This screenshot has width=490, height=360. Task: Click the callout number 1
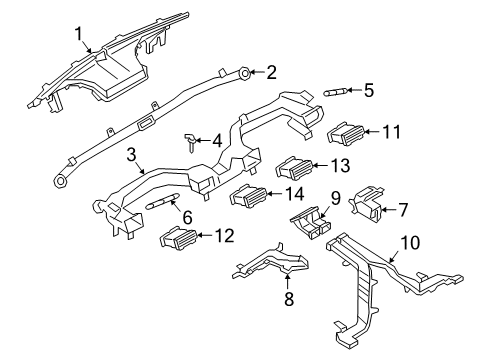pyautogui.click(x=79, y=34)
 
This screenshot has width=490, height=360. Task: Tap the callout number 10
pyautogui.click(x=410, y=243)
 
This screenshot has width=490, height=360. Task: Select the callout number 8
pyautogui.click(x=289, y=298)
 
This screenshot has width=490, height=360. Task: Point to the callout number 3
pyautogui.click(x=132, y=155)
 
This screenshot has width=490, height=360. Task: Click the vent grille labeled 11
pyautogui.click(x=345, y=134)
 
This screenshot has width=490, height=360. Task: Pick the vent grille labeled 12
pyautogui.click(x=179, y=238)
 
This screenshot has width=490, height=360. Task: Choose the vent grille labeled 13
pyautogui.click(x=294, y=168)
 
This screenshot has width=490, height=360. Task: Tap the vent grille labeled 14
pyautogui.click(x=248, y=196)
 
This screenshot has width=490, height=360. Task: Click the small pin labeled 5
pyautogui.click(x=336, y=92)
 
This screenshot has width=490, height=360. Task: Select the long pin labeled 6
pyautogui.click(x=163, y=201)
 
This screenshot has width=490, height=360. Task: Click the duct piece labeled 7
pyautogui.click(x=366, y=204)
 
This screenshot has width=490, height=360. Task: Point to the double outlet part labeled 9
pyautogui.click(x=311, y=222)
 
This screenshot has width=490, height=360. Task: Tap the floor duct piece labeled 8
pyautogui.click(x=271, y=262)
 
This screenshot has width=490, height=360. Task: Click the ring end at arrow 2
pyautogui.click(x=245, y=73)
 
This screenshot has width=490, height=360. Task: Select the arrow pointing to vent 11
pyautogui.click(x=372, y=132)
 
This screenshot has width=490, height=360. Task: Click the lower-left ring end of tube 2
pyautogui.click(x=60, y=181)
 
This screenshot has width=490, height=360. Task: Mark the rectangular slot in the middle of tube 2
pyautogui.click(x=145, y=124)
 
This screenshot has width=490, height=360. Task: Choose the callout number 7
pyautogui.click(x=403, y=210)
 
